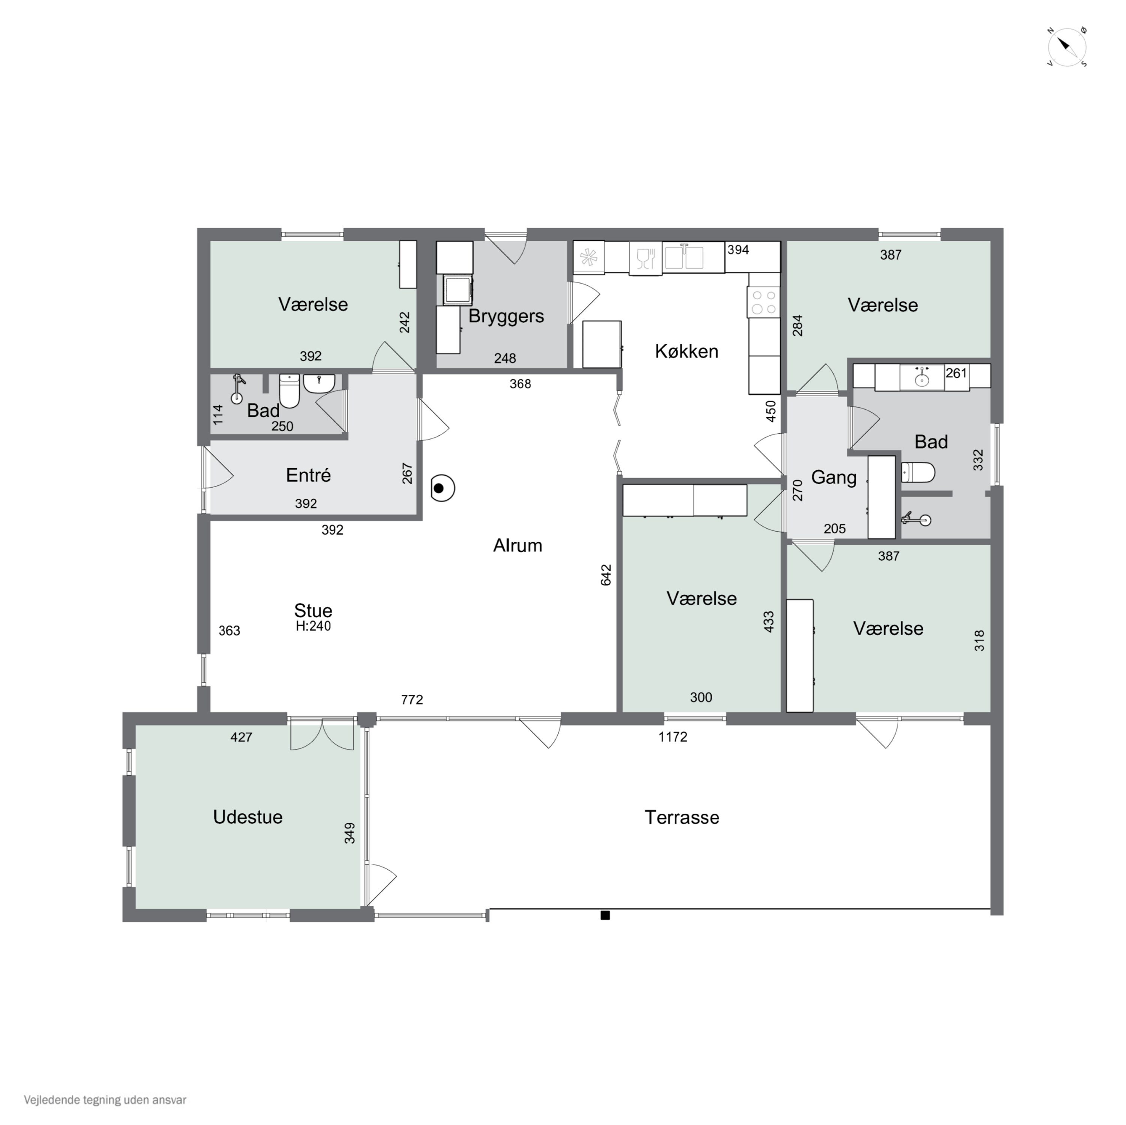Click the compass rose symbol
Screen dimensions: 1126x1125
click(x=1067, y=47)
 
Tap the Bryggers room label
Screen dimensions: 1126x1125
click(x=506, y=316)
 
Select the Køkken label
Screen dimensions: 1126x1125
click(x=686, y=351)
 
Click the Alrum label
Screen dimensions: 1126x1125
click(x=518, y=545)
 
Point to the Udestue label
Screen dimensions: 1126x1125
click(x=248, y=817)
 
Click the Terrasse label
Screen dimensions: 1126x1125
click(x=682, y=817)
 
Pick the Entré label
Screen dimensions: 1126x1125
click(x=308, y=475)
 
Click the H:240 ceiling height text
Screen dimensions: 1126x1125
click(x=313, y=626)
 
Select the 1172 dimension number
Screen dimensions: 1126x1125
click(x=673, y=737)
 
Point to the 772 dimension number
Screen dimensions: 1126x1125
click(x=412, y=700)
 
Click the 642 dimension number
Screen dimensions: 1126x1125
click(x=606, y=575)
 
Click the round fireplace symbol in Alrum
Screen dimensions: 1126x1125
click(x=443, y=488)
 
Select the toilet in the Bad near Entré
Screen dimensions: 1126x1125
click(x=290, y=391)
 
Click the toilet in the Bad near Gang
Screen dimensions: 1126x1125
click(x=918, y=473)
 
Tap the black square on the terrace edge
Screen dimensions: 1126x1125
click(x=605, y=915)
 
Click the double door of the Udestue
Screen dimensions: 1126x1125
click(x=322, y=734)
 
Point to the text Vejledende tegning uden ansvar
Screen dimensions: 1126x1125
click(x=105, y=1100)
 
